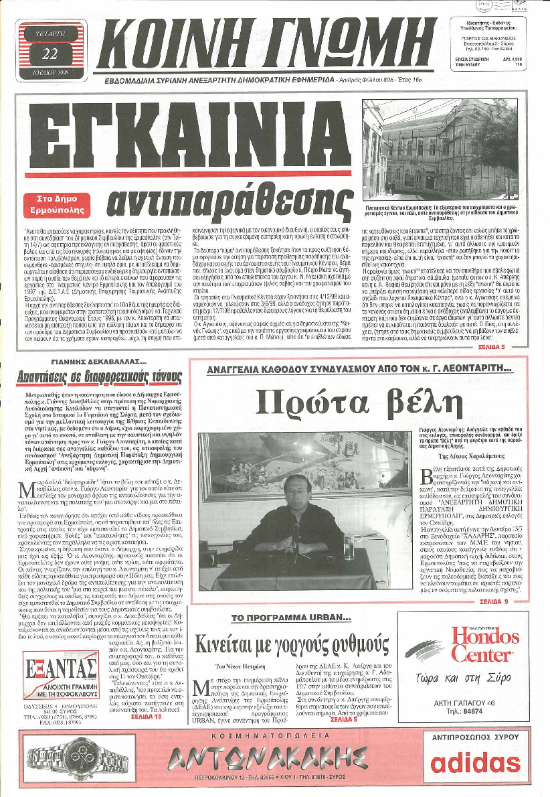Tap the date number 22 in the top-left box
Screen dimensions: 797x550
[x=50, y=54]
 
